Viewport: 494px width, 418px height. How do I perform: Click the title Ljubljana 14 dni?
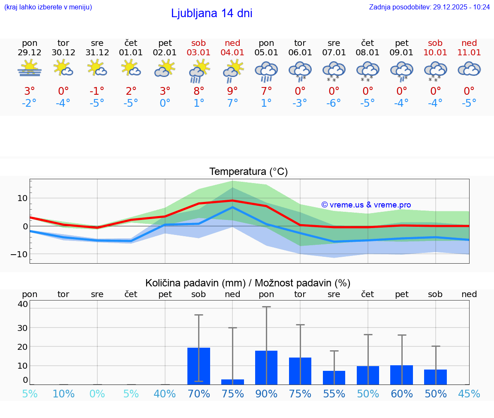pos(211,13)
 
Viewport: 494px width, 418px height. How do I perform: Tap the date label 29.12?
pos(30,53)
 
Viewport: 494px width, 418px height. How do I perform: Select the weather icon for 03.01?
pos(199,71)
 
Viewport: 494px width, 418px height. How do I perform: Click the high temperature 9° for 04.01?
pos(232,91)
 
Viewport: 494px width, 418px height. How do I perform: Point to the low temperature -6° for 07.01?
pos(334,103)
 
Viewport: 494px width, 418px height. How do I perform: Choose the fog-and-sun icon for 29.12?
pos(30,69)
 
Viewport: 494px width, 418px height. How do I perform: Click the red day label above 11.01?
pos(469,43)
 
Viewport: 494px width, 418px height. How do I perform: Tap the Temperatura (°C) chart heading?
pos(248,172)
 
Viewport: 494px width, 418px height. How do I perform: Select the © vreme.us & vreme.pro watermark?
pos(366,205)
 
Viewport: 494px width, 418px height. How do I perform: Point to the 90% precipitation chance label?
pos(266,394)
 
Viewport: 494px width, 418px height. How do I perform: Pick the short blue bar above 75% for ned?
pos(232,382)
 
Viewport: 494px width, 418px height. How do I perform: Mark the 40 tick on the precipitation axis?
pos(22,304)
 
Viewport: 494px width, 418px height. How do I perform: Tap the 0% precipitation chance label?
pos(97,394)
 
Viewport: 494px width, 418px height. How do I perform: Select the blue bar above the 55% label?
pos(334,378)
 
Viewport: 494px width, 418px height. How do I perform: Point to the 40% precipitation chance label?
pos(165,394)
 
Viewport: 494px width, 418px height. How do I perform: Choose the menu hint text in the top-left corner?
pos(48,7)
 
